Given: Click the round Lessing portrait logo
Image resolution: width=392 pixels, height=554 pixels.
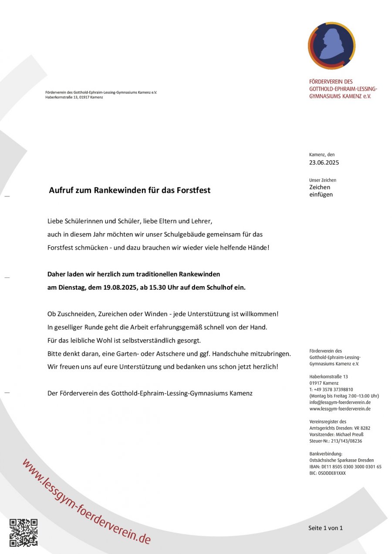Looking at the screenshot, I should coord(331,46).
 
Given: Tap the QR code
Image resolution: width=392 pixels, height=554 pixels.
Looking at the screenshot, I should coord(24,532).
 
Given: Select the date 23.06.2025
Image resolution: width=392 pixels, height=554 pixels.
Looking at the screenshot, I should coord(324,163).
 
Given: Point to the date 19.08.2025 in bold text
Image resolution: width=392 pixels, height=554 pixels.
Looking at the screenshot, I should coord(121,287).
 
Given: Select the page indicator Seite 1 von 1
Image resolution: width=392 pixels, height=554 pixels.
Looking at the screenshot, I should coord(325,528).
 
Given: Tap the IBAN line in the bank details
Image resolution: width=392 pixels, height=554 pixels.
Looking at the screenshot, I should coord(345,467).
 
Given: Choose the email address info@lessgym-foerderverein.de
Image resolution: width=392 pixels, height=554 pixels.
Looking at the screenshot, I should coord(340,402).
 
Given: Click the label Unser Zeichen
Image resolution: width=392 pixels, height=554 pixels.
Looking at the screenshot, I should coord(323,180).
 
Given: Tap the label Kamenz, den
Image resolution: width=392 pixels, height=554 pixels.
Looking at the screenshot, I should coord(322,154).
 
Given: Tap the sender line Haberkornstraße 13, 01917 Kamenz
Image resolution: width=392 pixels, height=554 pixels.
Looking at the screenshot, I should coord(74,97).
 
